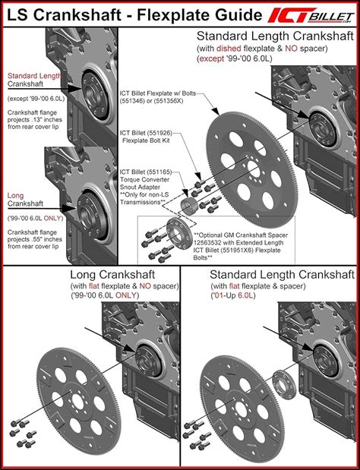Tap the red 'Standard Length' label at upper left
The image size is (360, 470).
33,76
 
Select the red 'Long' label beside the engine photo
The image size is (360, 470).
16,195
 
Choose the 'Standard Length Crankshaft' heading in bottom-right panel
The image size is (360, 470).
270,274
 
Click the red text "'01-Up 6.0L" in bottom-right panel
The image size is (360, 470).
242,297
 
